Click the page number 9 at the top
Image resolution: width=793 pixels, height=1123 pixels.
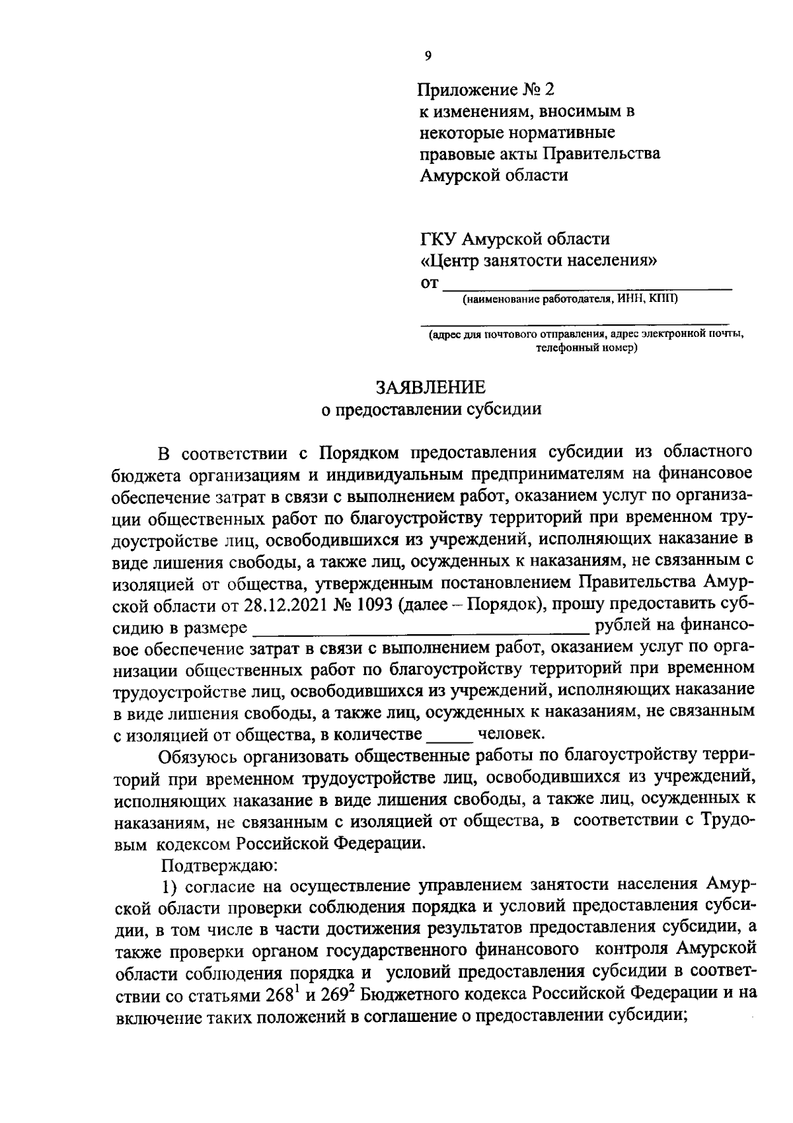428,57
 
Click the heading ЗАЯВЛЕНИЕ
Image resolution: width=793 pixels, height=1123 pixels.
431,387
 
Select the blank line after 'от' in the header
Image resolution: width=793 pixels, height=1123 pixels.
587,285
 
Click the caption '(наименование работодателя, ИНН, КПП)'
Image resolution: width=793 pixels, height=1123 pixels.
570,301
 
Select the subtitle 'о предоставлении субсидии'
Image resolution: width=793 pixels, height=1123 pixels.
431,410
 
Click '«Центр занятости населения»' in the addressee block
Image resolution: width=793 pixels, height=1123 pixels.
539,260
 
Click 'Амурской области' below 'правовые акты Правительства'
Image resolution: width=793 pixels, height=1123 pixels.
494,176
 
